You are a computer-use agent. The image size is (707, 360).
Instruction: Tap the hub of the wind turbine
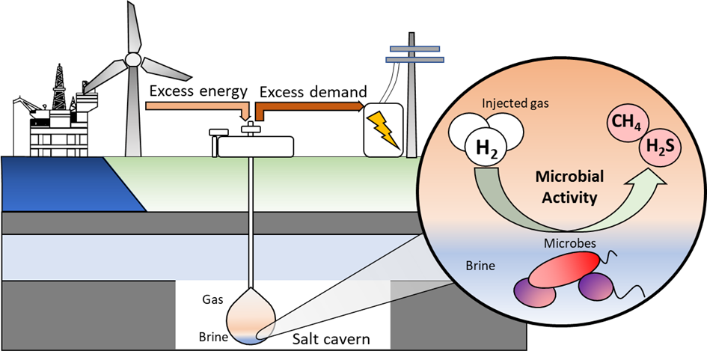coord(132,60)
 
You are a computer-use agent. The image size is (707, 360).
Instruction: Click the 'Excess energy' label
coord(198,91)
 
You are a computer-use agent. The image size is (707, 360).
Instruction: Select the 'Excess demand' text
coord(313,91)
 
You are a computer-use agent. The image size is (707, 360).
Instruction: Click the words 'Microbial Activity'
coord(570,187)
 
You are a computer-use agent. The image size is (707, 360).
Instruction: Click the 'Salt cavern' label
coord(331,339)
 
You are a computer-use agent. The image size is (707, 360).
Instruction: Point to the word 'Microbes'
coord(570,244)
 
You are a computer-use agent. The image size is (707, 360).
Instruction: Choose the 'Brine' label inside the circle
coord(480,266)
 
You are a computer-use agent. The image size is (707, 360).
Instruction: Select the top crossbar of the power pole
coord(414,48)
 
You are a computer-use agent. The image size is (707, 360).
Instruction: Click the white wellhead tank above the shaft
coord(255,147)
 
